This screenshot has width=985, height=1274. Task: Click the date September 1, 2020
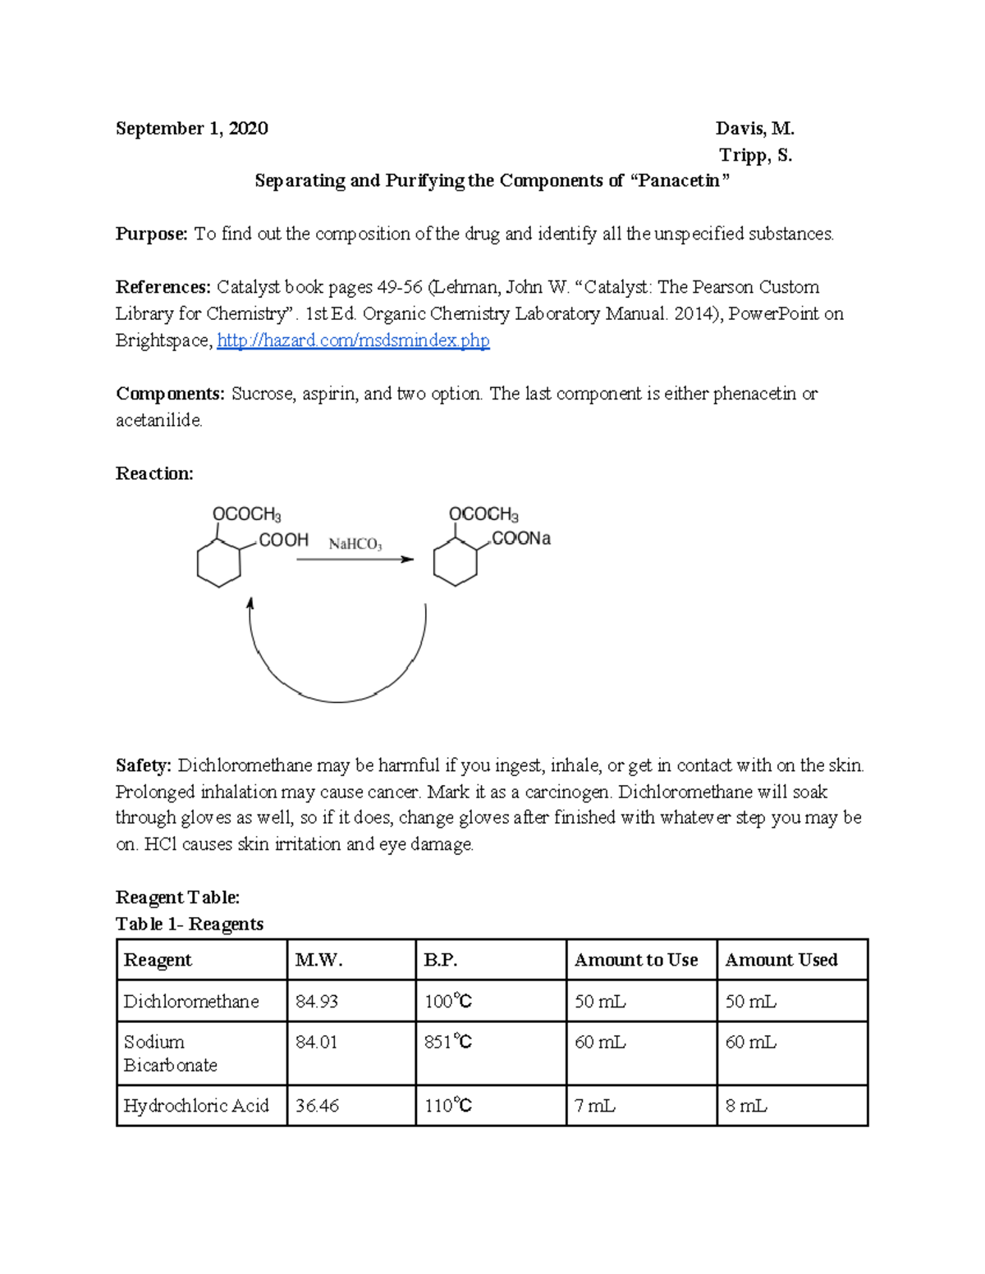point(191,129)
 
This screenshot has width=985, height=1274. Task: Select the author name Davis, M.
point(754,129)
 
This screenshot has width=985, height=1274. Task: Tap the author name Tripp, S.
point(755,155)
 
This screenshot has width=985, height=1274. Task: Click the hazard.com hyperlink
point(353,340)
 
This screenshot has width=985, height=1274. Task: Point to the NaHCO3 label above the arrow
point(355,544)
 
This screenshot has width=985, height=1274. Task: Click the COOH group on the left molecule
point(283,540)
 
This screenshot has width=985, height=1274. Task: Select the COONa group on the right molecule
point(520,539)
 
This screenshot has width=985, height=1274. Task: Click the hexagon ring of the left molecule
point(219,563)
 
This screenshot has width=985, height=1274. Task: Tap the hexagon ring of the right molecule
point(455,563)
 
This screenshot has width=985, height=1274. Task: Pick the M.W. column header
point(318,960)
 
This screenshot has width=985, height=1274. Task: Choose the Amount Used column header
point(781,960)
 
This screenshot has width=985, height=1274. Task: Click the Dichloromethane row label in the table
point(191,1002)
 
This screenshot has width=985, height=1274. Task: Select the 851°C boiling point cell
point(447,1042)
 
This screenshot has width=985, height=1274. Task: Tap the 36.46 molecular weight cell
point(317,1106)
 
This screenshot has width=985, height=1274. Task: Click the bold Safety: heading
point(144,765)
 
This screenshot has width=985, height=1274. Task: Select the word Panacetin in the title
point(678,181)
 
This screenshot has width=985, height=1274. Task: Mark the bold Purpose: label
point(152,235)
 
